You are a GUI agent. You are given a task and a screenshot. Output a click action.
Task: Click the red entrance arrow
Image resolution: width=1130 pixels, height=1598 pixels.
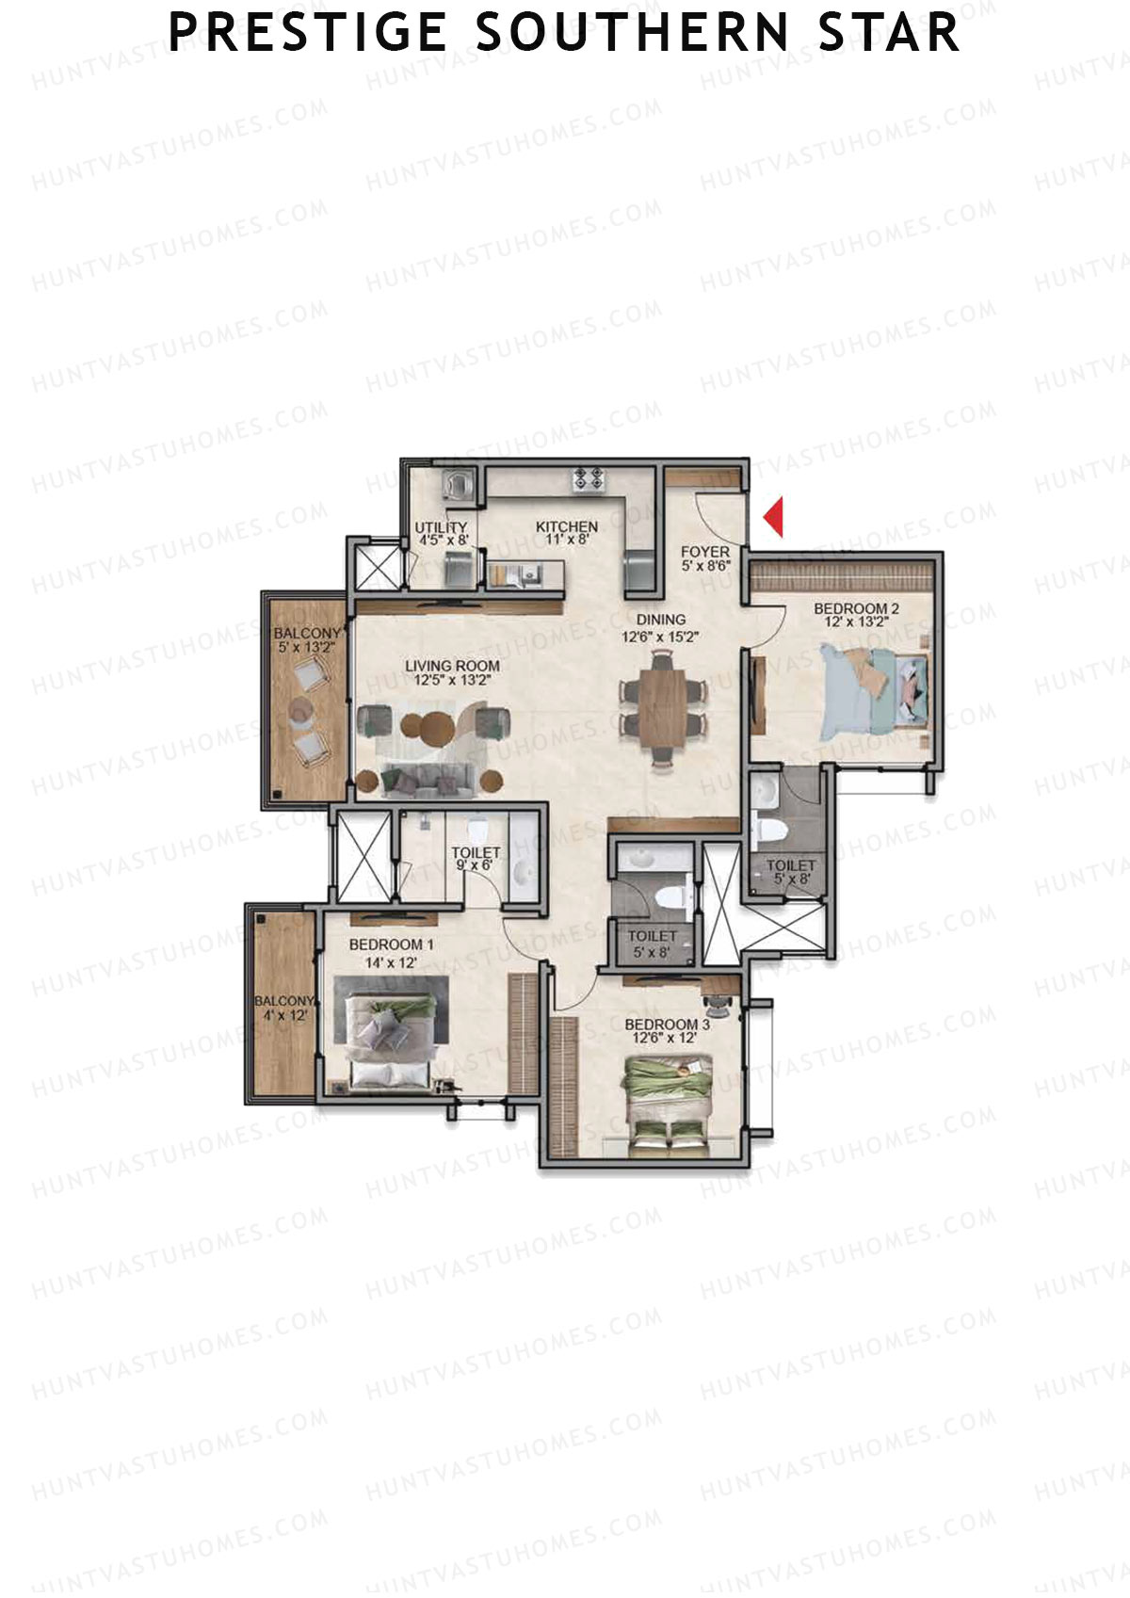774,517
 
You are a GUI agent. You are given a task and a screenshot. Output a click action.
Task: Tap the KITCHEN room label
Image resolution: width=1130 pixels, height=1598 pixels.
567,527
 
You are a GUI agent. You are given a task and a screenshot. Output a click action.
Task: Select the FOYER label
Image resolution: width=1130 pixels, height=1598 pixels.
705,552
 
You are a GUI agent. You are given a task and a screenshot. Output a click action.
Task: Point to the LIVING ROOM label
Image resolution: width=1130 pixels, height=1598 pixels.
452,666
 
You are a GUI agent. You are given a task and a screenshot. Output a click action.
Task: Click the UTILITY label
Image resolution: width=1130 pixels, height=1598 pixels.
441,527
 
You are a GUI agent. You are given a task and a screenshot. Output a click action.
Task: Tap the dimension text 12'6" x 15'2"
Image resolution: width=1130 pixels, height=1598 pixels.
660,637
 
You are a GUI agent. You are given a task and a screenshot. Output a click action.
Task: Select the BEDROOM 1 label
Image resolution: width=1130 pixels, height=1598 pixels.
391,944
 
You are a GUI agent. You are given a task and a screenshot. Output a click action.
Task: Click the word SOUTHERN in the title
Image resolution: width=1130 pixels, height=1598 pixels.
632,33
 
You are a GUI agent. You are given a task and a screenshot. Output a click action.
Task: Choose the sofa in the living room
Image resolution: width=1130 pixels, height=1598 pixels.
428,780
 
